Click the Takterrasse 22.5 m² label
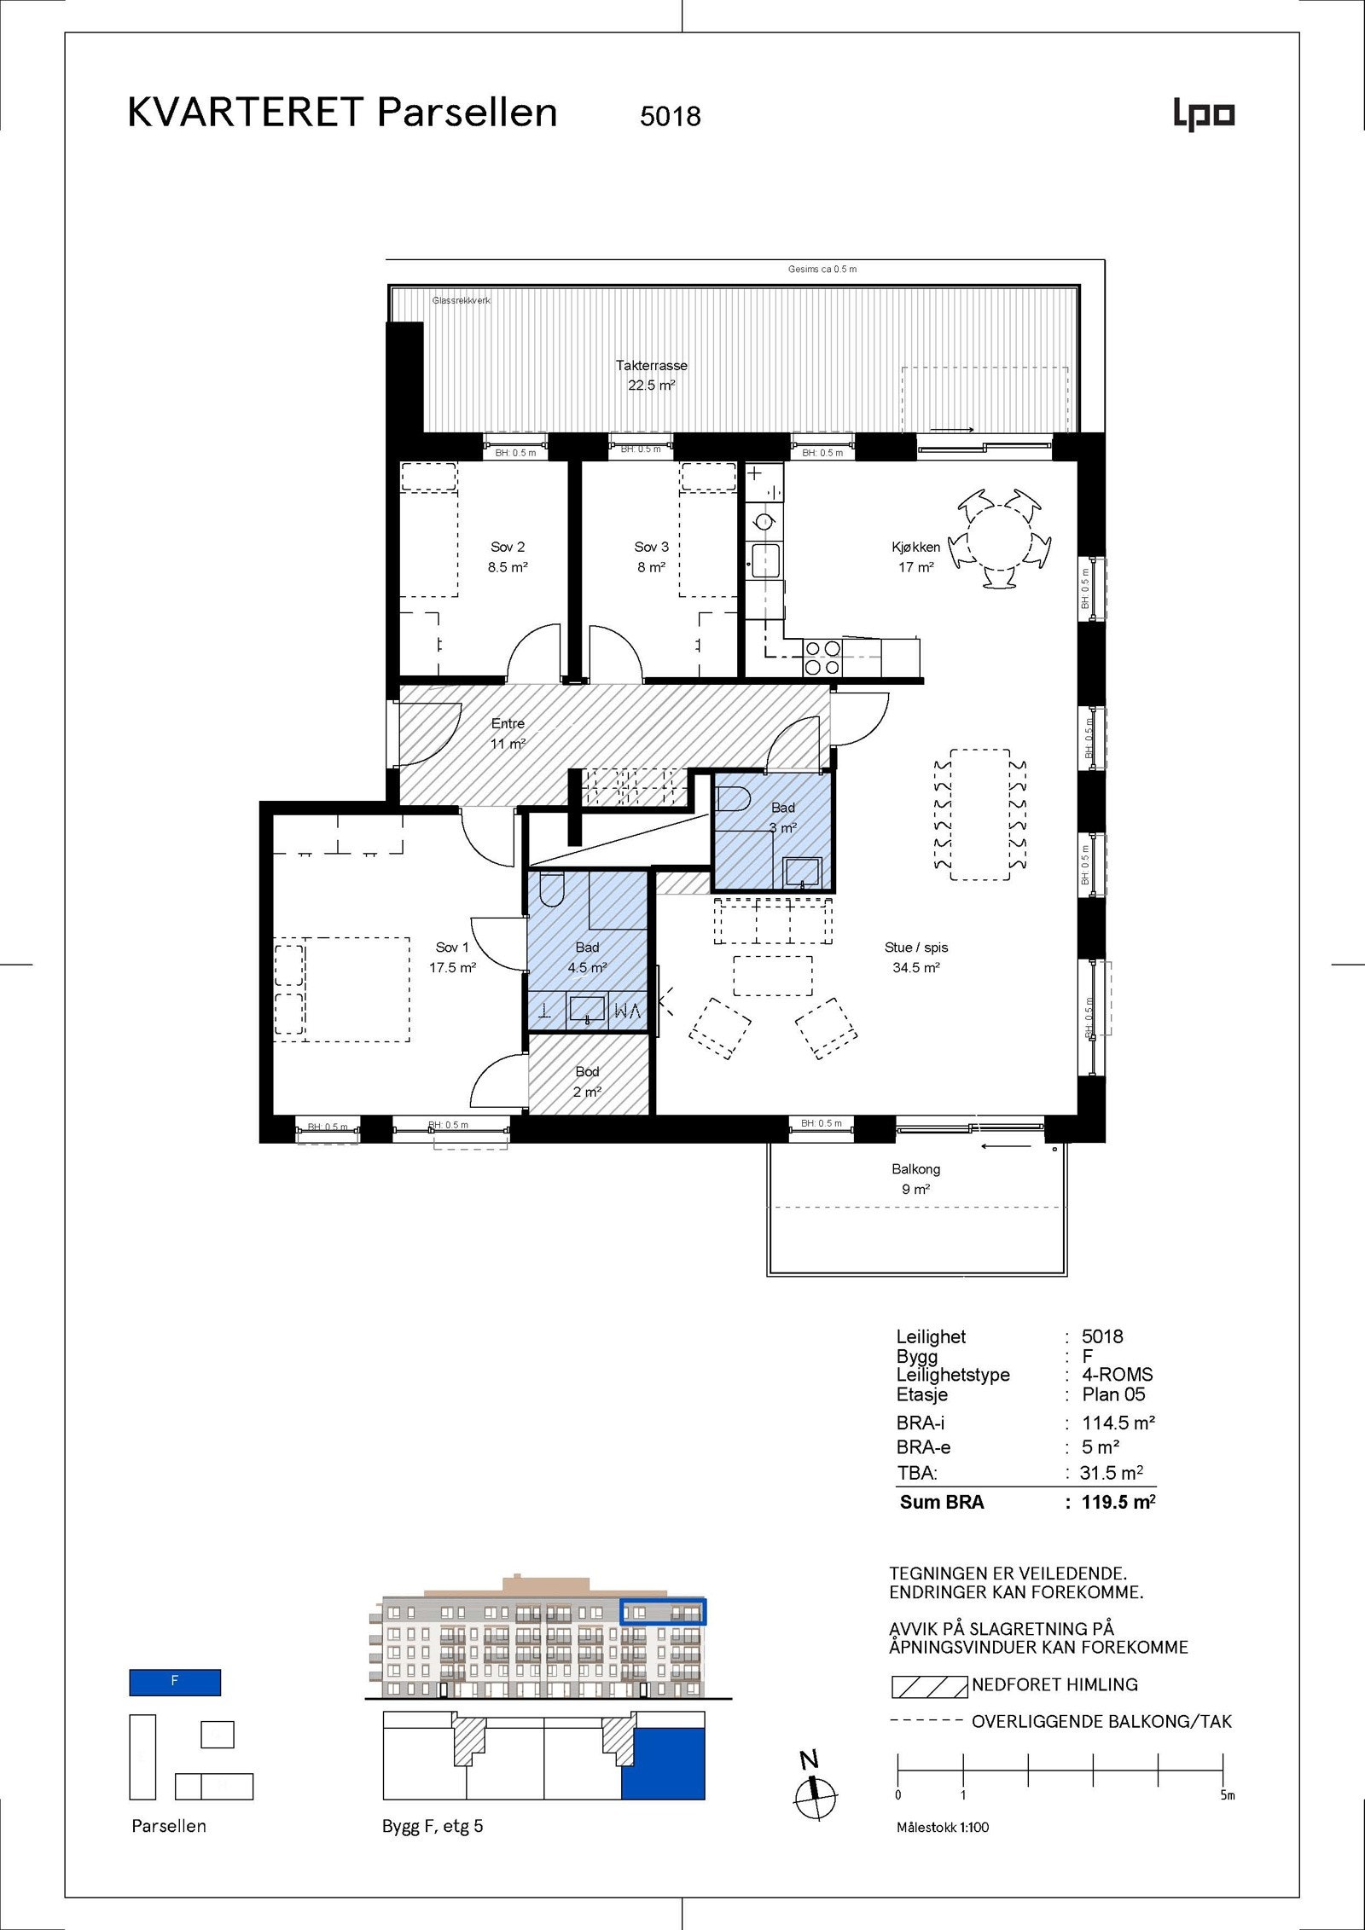(651, 375)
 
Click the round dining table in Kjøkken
(1000, 538)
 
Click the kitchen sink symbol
(765, 560)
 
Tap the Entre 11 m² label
(508, 733)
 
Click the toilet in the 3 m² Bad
(732, 799)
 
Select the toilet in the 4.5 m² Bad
(551, 890)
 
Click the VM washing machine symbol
(627, 1011)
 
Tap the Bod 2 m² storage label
(587, 1081)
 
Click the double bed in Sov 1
(356, 989)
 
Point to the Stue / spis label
(916, 948)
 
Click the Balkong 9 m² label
(915, 1179)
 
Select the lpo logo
(1204, 115)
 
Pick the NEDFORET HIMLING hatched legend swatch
(928, 1686)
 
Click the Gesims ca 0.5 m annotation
(822, 269)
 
